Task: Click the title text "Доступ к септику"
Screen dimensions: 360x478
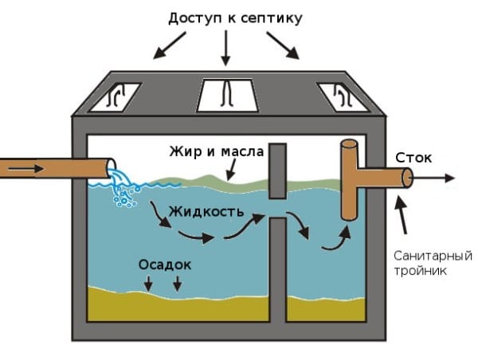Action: (x=235, y=17)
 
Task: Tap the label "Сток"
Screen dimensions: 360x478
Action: (x=413, y=158)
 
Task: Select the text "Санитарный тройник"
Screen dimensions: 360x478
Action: (x=432, y=263)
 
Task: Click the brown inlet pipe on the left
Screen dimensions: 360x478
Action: (x=56, y=169)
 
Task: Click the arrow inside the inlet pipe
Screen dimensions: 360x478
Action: (x=24, y=169)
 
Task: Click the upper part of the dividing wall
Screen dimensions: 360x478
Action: (x=277, y=170)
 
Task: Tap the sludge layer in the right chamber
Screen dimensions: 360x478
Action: (x=327, y=309)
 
